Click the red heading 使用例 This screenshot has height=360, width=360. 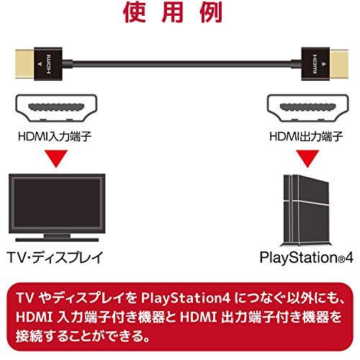pos(173,12)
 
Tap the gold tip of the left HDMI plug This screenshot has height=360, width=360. pos(24,63)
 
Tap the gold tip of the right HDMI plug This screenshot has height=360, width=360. pos(339,63)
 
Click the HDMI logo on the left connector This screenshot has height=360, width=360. pos(48,64)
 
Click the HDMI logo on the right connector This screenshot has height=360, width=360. pos(315,64)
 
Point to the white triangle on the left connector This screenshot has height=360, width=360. pos(40,64)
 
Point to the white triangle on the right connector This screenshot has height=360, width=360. pos(324,64)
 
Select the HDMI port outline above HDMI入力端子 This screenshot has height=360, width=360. pos(56,108)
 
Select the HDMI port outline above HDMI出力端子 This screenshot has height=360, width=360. pos(308,108)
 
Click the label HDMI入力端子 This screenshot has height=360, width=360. pos(55,136)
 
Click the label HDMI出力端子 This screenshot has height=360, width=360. pos(306,136)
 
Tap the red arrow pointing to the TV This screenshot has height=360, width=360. pos(56,158)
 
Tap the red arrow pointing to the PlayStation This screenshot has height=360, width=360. pos(307,158)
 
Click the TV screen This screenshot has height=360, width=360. pos(57,203)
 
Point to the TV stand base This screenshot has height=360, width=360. pos(57,240)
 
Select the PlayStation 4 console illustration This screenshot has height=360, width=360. pos(305,210)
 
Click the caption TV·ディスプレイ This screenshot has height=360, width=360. pos(55,258)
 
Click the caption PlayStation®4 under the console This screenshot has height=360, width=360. pos(307,258)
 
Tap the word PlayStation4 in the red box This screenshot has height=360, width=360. pos(185,298)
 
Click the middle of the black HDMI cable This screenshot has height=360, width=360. pos(181,64)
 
